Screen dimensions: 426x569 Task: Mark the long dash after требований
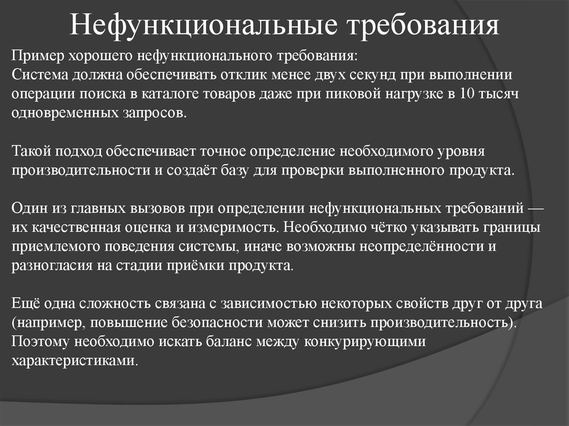point(536,209)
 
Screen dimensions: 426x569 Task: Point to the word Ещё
point(26,303)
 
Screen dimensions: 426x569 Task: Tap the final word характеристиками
point(73,361)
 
